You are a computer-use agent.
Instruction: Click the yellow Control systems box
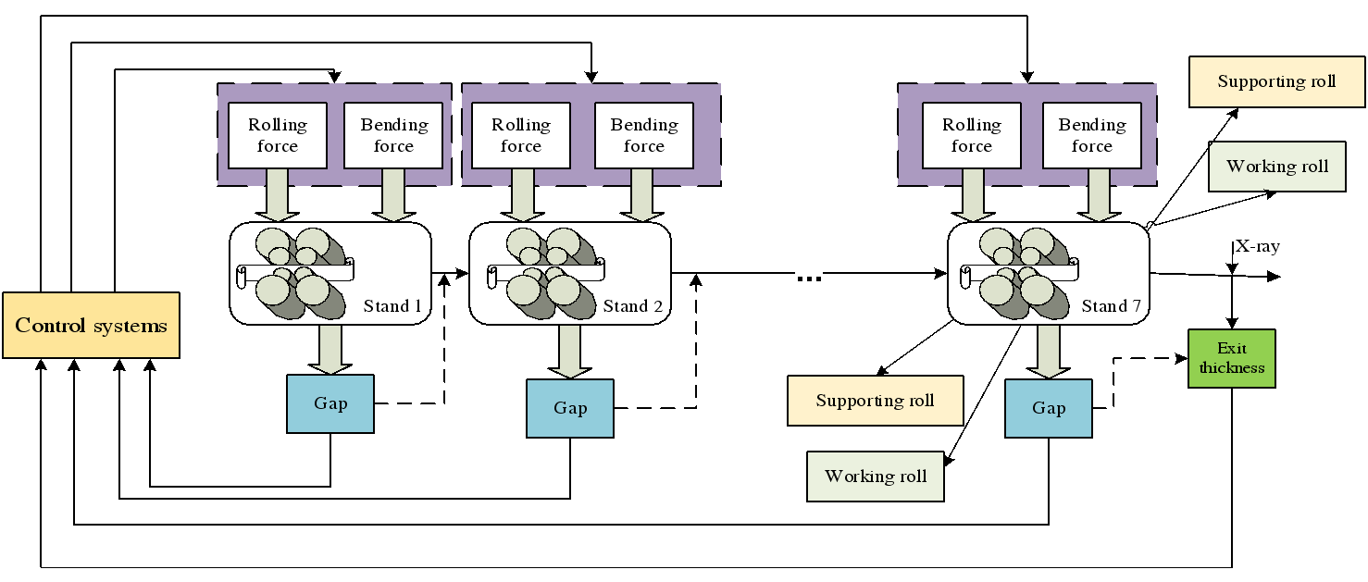click(x=91, y=325)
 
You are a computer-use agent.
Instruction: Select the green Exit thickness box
click(x=1232, y=358)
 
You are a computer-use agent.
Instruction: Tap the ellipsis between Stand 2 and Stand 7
click(x=809, y=275)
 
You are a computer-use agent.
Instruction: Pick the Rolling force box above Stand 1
click(x=278, y=135)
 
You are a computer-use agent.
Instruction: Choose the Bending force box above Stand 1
click(x=394, y=135)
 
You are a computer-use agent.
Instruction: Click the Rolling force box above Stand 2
click(x=521, y=135)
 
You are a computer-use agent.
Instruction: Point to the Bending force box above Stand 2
click(x=644, y=135)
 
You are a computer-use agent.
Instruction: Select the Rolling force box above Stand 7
click(x=972, y=135)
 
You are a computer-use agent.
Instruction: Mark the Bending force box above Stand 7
click(x=1092, y=135)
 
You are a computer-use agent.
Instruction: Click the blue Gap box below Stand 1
click(x=330, y=403)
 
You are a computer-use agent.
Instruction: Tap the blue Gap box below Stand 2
click(x=570, y=408)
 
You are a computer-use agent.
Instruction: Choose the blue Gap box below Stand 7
click(x=1049, y=408)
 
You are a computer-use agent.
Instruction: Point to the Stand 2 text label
click(x=633, y=306)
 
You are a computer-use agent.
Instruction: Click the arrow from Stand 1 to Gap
click(x=330, y=349)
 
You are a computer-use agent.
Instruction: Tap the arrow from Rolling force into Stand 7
click(x=972, y=195)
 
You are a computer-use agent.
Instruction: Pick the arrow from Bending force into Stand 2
click(x=644, y=195)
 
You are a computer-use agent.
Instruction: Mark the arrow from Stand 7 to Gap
click(x=1049, y=351)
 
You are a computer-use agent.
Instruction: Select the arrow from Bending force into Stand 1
click(x=394, y=195)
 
